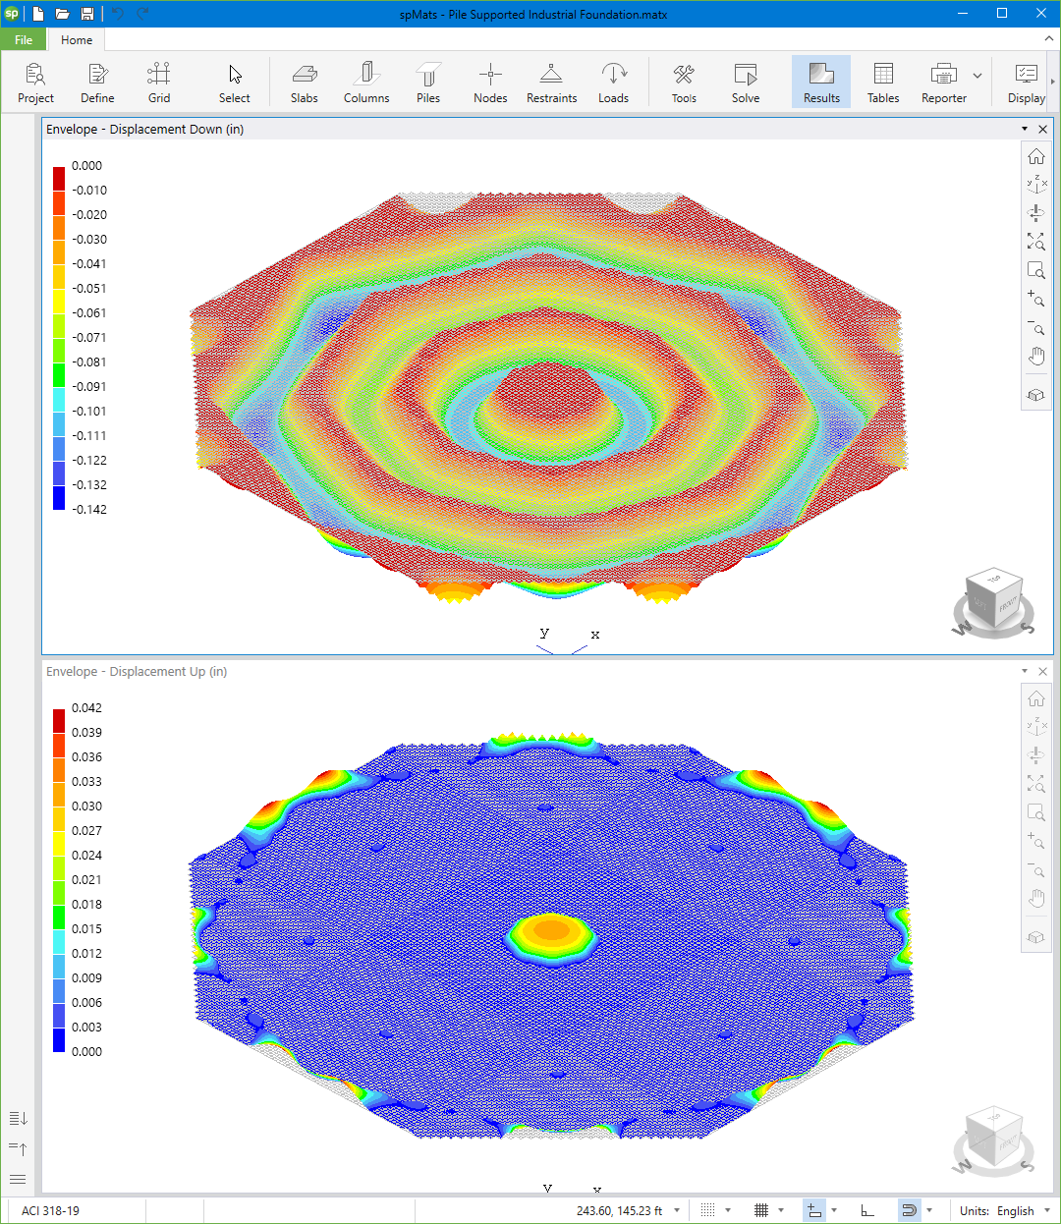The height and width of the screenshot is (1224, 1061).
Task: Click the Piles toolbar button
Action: coord(428,82)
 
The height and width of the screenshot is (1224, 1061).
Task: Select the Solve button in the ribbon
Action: coord(746,82)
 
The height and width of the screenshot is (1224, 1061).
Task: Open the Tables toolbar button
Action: coord(883,82)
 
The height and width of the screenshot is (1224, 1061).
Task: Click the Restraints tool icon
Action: coord(551,82)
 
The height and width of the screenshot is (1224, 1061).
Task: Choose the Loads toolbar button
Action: coord(613,82)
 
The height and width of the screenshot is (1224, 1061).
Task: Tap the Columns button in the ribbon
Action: coord(366,82)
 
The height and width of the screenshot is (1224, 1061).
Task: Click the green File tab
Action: coord(24,40)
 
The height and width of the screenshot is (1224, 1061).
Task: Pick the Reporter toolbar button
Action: coord(943,82)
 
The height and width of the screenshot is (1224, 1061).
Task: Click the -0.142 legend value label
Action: coord(89,510)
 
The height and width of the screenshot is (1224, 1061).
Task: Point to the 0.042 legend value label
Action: coord(86,708)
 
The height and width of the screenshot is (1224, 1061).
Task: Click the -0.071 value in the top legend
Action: coord(89,338)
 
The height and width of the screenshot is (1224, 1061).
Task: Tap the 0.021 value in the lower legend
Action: coord(86,880)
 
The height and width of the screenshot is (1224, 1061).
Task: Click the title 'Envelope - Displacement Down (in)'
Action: coord(145,130)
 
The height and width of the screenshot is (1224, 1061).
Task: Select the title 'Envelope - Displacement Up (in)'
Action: coord(137,672)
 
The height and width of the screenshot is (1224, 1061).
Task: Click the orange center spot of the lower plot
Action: coord(551,929)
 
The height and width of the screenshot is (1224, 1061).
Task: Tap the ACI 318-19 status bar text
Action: coord(51,1211)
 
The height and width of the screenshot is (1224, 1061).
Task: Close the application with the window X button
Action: coord(1040,14)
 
